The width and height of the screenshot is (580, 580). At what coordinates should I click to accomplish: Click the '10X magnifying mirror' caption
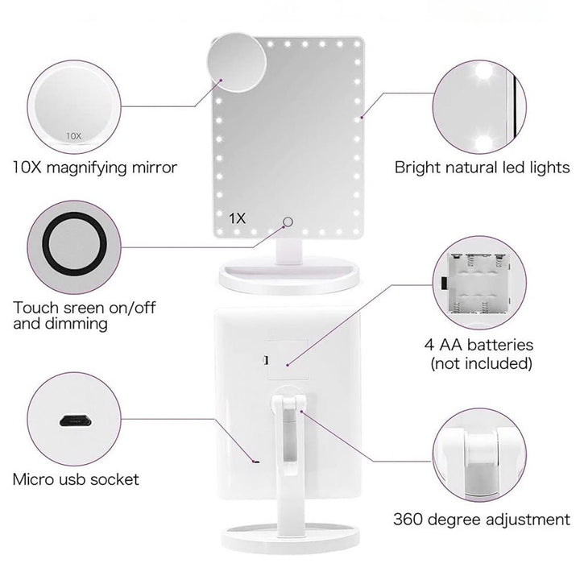pyautogui.click(x=94, y=168)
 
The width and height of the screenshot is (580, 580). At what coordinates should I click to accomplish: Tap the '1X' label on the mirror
pyautogui.click(x=237, y=218)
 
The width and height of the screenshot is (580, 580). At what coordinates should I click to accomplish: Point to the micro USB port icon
pyautogui.click(x=74, y=420)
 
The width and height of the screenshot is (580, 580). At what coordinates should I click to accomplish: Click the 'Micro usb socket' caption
pyautogui.click(x=76, y=479)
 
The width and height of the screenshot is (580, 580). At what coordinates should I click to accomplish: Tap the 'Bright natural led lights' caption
pyautogui.click(x=482, y=168)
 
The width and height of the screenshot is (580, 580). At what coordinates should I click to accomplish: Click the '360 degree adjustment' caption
pyautogui.click(x=482, y=519)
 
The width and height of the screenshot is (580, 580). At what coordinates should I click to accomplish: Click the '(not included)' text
pyautogui.click(x=482, y=363)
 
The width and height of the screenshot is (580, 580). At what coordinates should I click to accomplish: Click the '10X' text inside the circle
pyautogui.click(x=74, y=136)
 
